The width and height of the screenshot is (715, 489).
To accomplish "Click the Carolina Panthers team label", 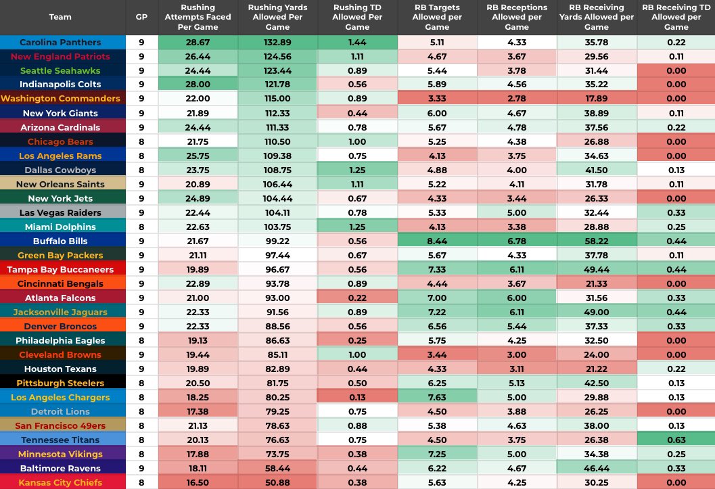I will (x=60, y=42).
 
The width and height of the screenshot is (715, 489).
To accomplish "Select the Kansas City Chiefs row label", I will (x=60, y=482).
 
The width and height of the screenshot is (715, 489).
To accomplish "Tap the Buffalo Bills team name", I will (x=60, y=241).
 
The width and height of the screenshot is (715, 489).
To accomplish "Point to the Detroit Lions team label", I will (x=60, y=411).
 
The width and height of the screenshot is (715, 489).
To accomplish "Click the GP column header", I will (x=141, y=17).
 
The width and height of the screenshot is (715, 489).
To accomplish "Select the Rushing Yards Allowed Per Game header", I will (x=277, y=17).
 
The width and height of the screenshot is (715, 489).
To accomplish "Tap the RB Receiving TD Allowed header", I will (x=676, y=17).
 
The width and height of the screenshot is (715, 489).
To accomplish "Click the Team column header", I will (x=60, y=17).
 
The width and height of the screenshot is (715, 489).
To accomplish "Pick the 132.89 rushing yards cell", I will (x=277, y=42).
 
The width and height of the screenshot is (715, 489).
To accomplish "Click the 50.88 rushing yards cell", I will (x=277, y=482).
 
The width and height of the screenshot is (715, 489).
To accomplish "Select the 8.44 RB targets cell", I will (x=437, y=241).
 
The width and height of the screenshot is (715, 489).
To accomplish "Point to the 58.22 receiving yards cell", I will (x=596, y=241).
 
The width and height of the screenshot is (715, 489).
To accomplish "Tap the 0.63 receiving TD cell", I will (x=676, y=440).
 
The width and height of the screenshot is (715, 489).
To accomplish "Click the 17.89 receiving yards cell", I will (x=596, y=99).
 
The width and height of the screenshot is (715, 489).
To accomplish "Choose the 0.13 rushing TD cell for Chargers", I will (x=357, y=397).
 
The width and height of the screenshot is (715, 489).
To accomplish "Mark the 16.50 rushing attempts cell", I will (x=198, y=482).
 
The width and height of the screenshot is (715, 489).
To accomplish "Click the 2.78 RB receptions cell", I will (x=517, y=99).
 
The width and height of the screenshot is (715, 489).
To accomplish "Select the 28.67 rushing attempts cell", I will (x=198, y=42).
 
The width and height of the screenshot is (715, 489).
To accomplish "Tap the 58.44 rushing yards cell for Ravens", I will (x=277, y=468).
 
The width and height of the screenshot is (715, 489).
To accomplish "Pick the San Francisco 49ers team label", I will (x=60, y=425).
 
